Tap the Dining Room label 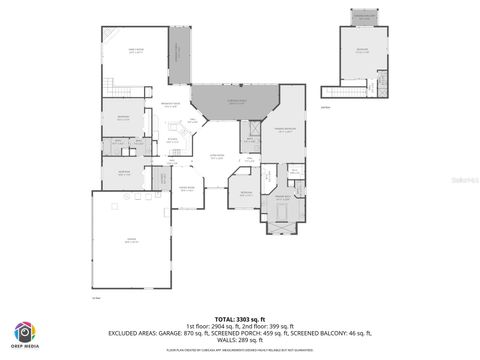point(186,188)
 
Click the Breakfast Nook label point(171,105)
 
